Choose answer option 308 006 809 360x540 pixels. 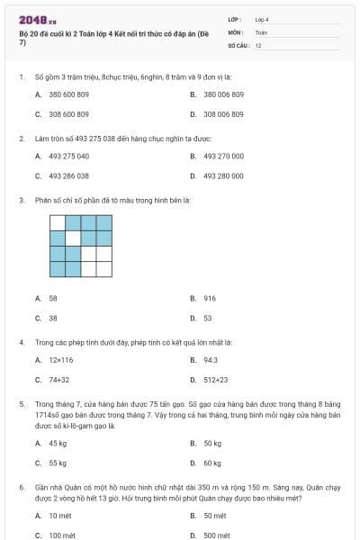tap(222, 114)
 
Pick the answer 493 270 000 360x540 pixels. tap(223, 156)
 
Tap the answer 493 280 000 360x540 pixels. tap(223, 175)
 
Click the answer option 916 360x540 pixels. tap(210, 298)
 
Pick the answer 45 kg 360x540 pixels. tap(58, 443)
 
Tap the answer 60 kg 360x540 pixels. tap(212, 463)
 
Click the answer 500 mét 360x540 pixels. tap(216, 535)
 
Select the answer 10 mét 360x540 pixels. tap(59, 515)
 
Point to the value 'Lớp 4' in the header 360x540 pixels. tap(262, 19)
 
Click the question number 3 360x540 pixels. tap(22, 200)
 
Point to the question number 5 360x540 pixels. tap(22, 405)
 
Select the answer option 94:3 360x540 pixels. tap(210, 359)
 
